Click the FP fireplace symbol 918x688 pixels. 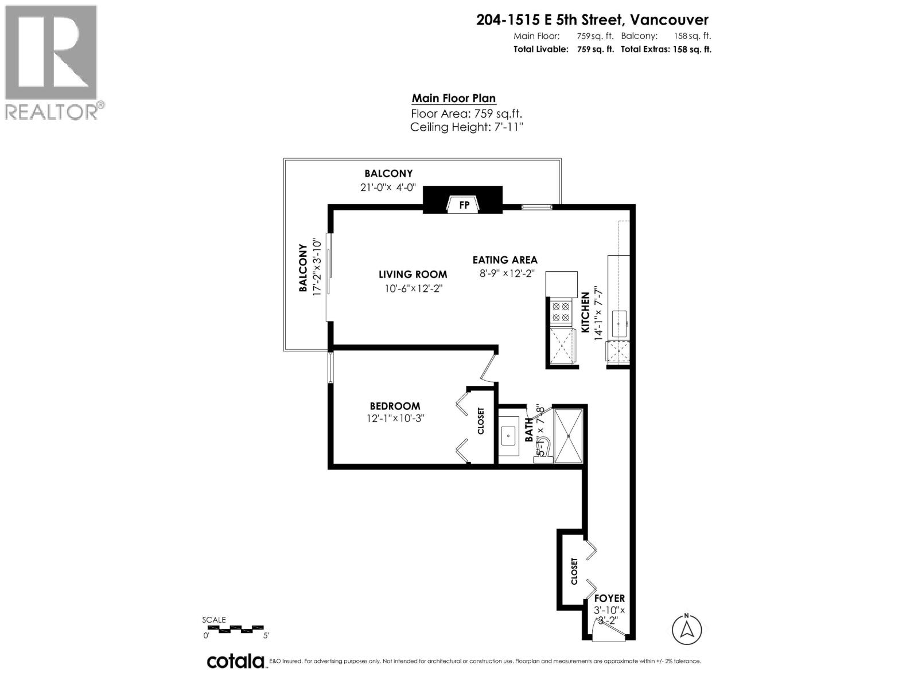(x=463, y=204)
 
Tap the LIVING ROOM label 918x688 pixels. (x=413, y=275)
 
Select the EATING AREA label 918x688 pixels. (x=505, y=260)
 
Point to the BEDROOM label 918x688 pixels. (x=395, y=406)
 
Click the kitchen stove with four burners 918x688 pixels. (x=561, y=312)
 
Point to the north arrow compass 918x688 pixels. (x=686, y=629)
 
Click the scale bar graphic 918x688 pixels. (x=236, y=630)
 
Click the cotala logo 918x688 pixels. (x=236, y=661)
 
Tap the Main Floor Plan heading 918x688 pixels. (x=453, y=99)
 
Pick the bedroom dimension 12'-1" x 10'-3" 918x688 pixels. (x=395, y=419)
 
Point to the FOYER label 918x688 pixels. (x=609, y=598)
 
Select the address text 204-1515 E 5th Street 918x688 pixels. (x=550, y=20)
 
